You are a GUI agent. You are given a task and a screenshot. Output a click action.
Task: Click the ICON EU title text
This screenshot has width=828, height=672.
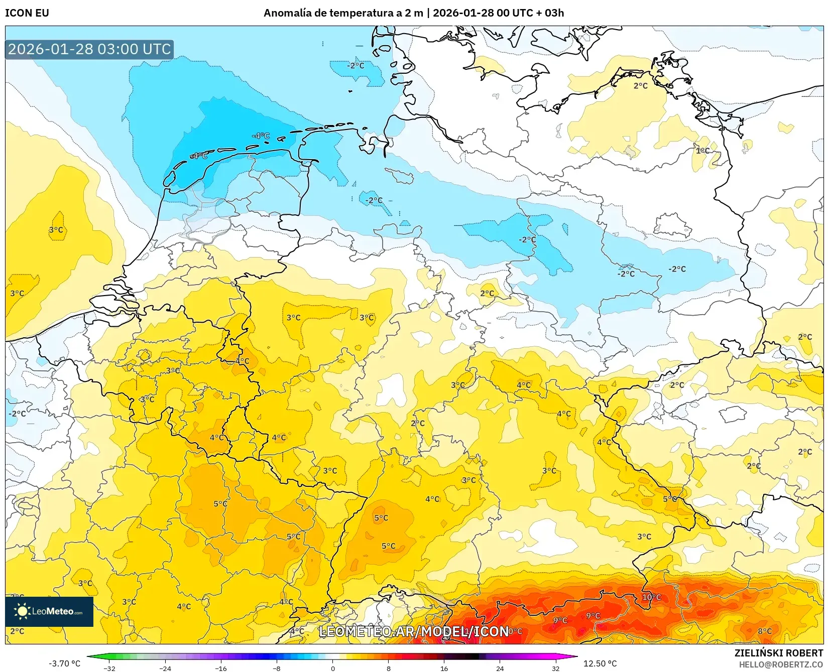click(x=27, y=13)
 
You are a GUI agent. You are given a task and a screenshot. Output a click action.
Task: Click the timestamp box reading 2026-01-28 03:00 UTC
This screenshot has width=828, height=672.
click(x=89, y=49)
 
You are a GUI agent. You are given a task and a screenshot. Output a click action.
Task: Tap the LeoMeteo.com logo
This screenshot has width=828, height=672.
click(x=49, y=611)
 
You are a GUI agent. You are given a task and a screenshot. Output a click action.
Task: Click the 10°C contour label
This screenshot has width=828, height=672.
click(x=651, y=597)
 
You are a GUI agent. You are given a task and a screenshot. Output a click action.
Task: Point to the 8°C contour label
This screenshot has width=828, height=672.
click(x=764, y=631)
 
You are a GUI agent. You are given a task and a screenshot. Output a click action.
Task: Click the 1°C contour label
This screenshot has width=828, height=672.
click(x=702, y=151)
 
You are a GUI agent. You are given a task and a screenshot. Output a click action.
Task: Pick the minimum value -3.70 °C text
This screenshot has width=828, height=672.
click(x=64, y=663)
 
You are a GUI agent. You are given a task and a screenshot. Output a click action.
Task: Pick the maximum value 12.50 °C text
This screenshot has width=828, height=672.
click(x=600, y=663)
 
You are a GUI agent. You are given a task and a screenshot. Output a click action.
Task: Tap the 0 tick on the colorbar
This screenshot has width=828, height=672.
click(x=332, y=668)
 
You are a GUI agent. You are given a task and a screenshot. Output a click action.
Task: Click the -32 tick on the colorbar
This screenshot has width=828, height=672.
click(x=109, y=668)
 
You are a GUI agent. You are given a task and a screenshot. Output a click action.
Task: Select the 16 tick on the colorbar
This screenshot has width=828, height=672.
click(x=444, y=668)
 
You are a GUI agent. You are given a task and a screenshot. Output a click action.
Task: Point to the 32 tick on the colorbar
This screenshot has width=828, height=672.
click(x=555, y=668)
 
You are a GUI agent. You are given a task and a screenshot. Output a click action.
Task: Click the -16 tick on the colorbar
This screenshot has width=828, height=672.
click(x=221, y=668)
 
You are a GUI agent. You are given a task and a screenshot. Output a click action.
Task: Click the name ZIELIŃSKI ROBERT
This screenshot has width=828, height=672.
click(x=778, y=653)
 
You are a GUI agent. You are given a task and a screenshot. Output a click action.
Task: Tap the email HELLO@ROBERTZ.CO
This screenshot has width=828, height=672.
click(x=781, y=664)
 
